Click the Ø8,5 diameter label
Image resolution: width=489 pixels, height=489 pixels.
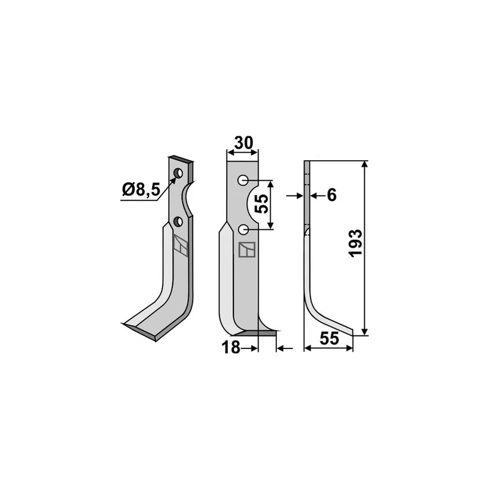click(141, 189)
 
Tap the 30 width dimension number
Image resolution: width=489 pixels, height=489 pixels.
click(243, 143)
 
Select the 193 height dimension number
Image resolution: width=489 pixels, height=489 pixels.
click(356, 243)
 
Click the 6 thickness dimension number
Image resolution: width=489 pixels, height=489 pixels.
click(332, 195)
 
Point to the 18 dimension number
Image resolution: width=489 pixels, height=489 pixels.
click(231, 347)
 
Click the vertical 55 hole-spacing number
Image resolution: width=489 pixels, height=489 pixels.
click(262, 204)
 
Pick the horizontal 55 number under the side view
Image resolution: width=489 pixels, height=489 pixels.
click(329, 339)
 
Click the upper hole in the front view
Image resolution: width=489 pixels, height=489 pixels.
click(243, 180)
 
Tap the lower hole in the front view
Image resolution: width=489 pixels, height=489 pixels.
click(243, 230)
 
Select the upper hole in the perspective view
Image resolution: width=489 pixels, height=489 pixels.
click(178, 173)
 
